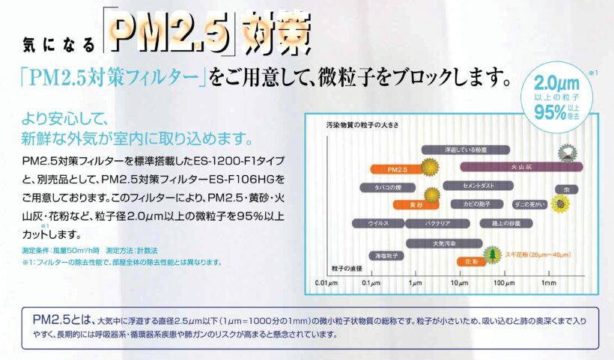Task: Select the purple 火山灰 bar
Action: [517, 168]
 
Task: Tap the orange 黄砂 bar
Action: [392, 204]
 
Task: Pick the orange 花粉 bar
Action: [470, 262]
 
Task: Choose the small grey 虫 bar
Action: [565, 189]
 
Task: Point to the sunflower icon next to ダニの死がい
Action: [558, 203]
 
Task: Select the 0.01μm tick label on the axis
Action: [323, 283]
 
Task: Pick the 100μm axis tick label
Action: [503, 283]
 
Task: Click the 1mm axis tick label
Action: [549, 283]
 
